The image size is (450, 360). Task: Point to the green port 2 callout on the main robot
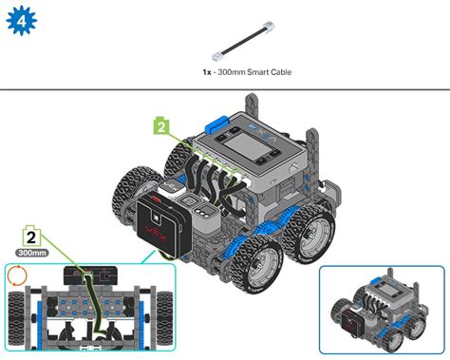coord(161,125)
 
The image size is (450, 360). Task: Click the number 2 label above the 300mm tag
coord(31,238)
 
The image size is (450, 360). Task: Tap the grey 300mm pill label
coord(32,255)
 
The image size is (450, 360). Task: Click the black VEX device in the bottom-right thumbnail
coord(355,327)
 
